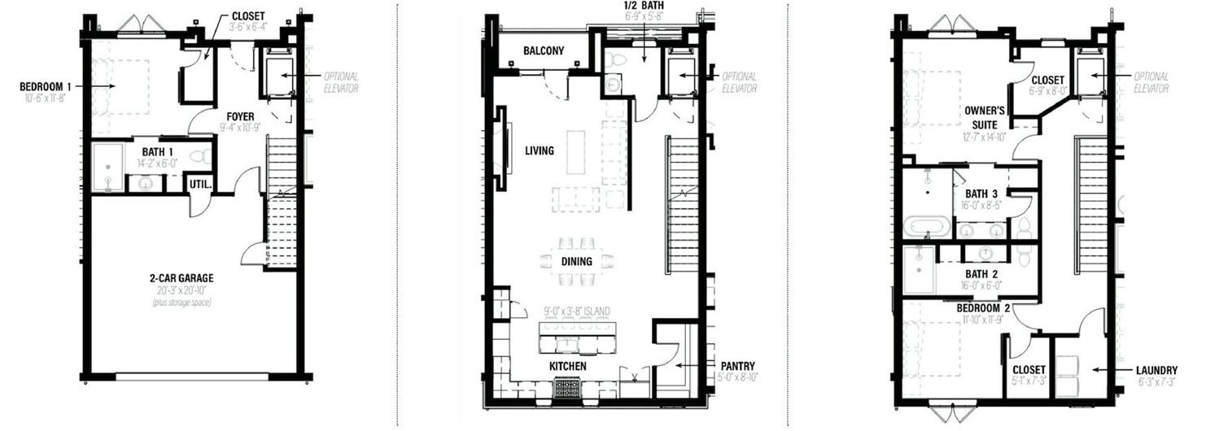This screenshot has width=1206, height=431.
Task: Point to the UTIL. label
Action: [201, 185]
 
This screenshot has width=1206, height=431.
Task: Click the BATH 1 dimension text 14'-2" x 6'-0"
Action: [157, 163]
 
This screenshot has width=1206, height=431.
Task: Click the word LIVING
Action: [539, 150]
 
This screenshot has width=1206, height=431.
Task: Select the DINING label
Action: [577, 261]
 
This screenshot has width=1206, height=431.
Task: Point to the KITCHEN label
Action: [568, 367]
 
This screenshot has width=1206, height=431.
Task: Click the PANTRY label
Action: [736, 366]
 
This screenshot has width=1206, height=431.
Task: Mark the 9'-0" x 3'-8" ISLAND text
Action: [577, 311]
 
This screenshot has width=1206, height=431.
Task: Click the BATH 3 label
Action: [981, 194]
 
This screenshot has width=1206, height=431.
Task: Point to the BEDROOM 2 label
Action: [984, 308]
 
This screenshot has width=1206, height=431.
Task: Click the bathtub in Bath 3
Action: [927, 225]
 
